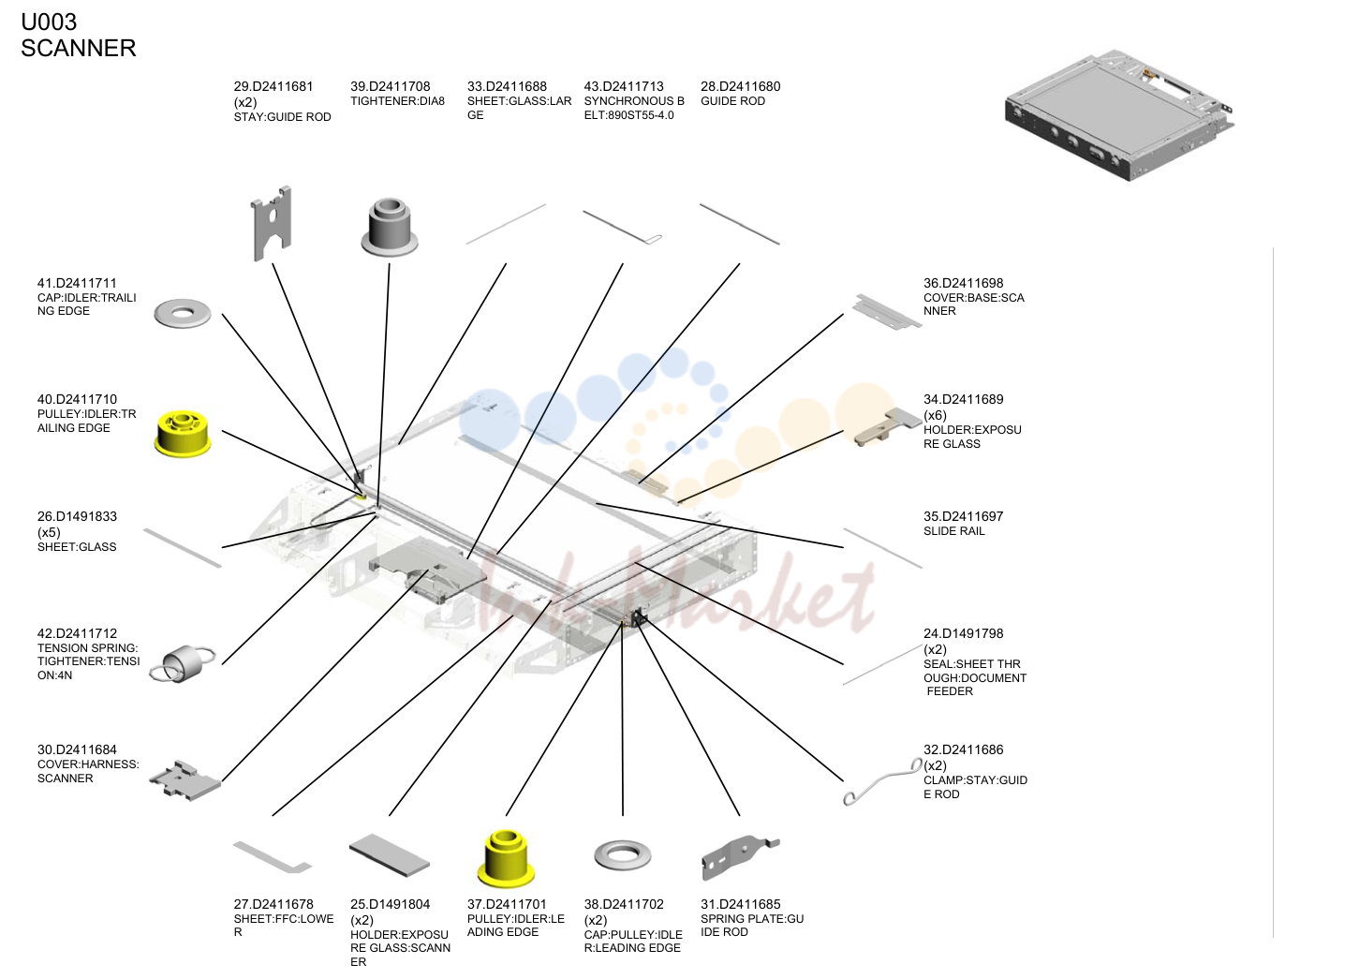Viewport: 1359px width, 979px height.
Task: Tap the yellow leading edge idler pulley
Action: pos(506,857)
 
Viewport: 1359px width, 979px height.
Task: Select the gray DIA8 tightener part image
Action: pos(390,227)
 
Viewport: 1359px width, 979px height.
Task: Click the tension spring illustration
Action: pos(182,663)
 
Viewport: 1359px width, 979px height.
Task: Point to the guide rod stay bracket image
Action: pos(272,223)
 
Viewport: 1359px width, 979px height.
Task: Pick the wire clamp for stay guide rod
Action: pos(883,781)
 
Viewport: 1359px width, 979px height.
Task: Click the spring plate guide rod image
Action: pos(740,857)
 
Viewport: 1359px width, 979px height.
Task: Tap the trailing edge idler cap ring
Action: pos(183,314)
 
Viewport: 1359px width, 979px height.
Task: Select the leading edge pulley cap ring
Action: pos(623,855)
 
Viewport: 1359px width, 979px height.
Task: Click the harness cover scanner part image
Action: pos(185,780)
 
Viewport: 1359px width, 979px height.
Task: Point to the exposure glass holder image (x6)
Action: pos(887,426)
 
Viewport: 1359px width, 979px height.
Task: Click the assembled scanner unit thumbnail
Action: pos(1120,115)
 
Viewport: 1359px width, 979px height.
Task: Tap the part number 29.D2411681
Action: pos(273,87)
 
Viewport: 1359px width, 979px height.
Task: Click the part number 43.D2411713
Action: pos(624,87)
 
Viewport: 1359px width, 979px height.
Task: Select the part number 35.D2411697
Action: pos(964,516)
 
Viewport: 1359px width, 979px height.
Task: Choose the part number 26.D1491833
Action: pos(77,516)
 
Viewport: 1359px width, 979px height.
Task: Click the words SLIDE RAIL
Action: pos(954,531)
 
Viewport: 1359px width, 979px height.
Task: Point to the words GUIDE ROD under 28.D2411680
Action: pos(733,101)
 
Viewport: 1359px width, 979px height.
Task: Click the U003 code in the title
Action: pos(49,22)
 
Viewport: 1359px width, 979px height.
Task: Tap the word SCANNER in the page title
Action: pos(79,48)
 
